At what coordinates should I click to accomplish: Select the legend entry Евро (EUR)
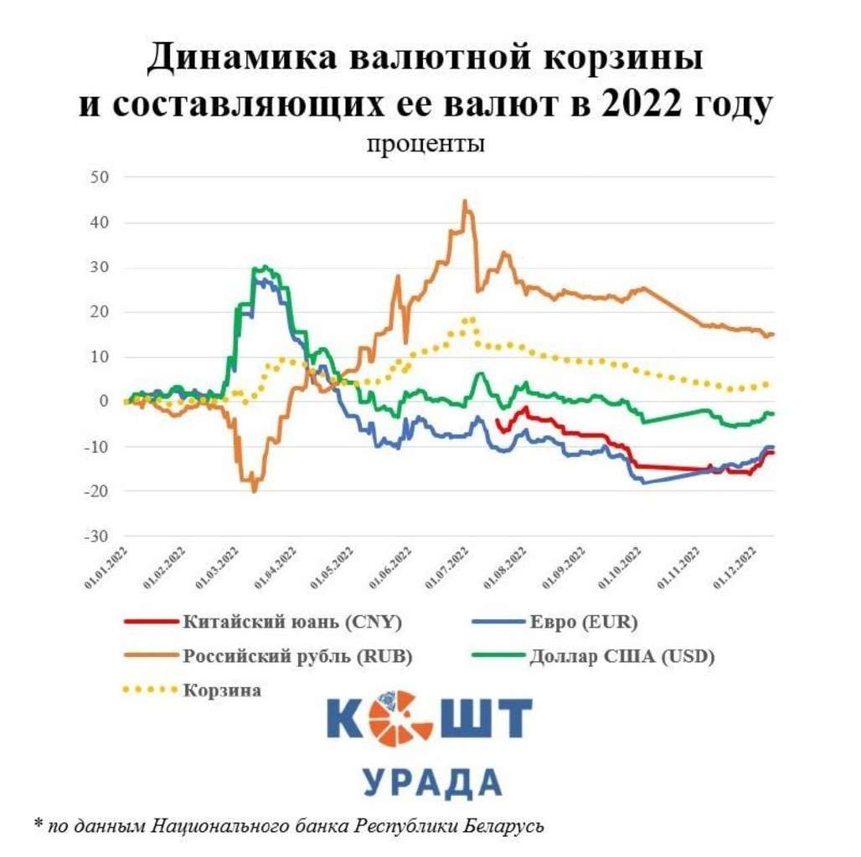point(583,622)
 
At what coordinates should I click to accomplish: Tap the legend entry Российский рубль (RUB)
point(298,656)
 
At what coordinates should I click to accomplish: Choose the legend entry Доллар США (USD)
point(622,656)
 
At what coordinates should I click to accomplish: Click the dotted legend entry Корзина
point(222,690)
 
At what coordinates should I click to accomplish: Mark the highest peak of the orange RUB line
point(464,201)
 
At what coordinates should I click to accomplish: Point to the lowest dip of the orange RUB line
point(253,490)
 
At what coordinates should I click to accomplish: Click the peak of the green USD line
point(264,267)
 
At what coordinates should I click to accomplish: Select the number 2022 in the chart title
point(645,106)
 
